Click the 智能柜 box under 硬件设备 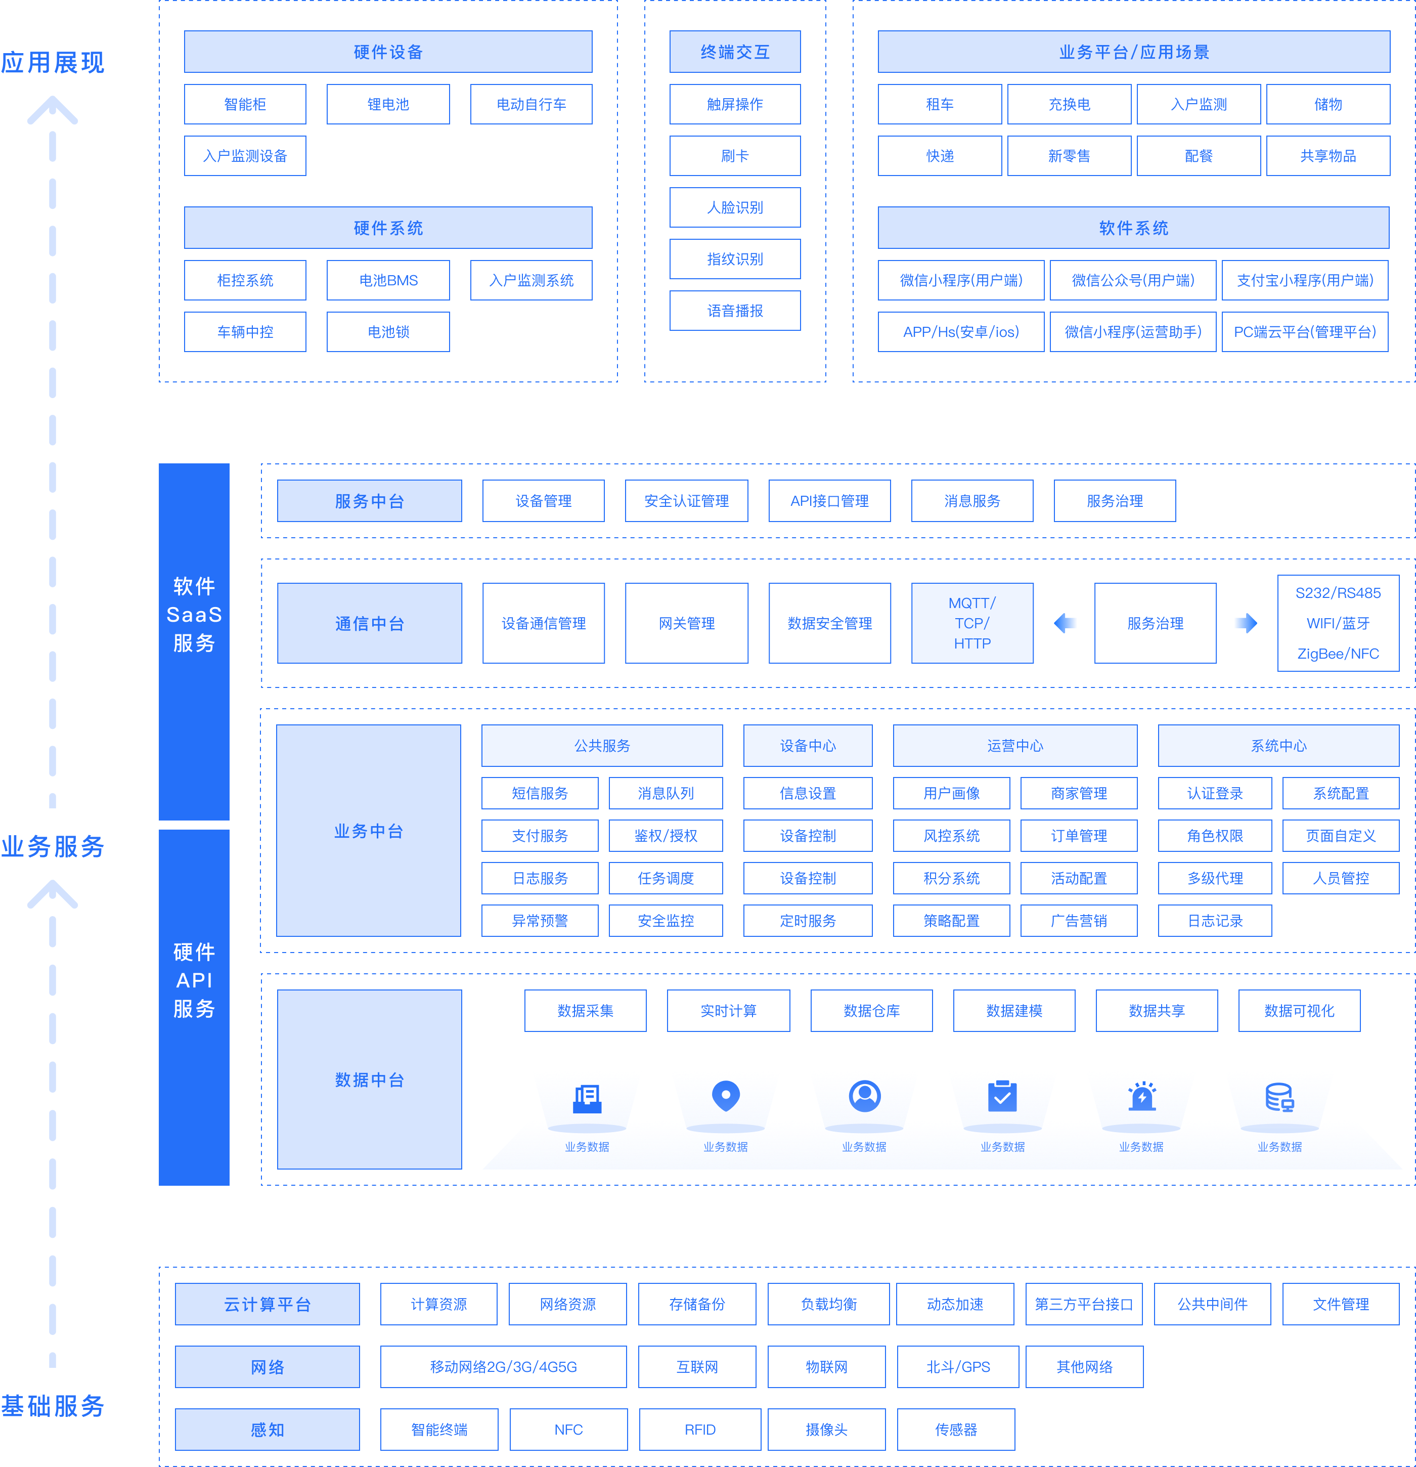click(245, 104)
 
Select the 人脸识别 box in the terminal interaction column click(734, 207)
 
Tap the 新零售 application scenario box click(1068, 156)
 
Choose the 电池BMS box click(388, 280)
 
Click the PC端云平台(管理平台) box click(1304, 331)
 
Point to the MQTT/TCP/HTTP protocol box click(971, 623)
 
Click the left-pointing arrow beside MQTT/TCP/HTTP click(1065, 623)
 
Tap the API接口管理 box click(829, 501)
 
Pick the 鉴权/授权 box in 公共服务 click(666, 835)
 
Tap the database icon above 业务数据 click(1279, 1097)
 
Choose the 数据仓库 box click(871, 1010)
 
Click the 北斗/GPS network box click(957, 1367)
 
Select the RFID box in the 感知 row click(700, 1430)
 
